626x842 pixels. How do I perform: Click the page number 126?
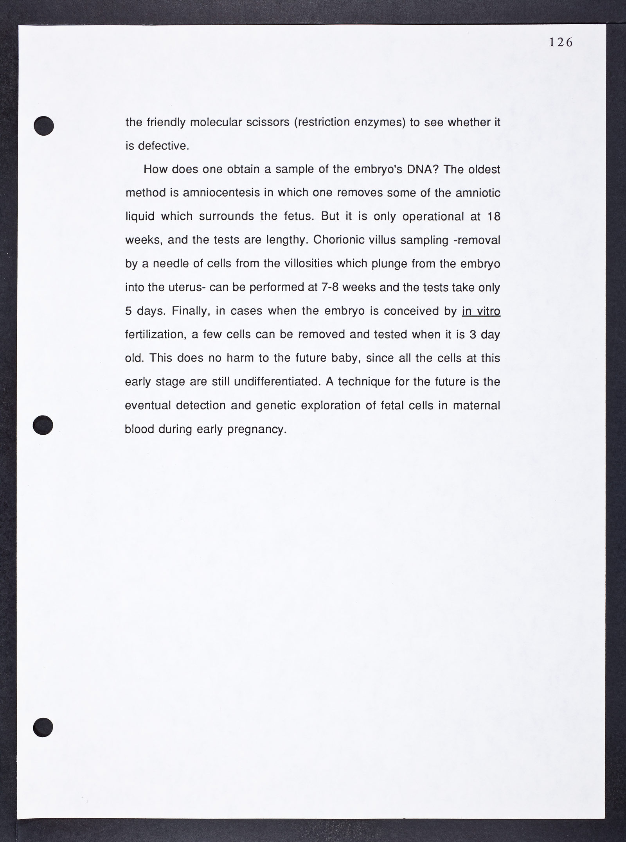(561, 42)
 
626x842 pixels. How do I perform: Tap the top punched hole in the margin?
(43, 126)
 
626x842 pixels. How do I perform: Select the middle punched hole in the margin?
(43, 424)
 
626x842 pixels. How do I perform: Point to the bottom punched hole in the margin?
(43, 727)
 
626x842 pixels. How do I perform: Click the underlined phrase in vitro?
(481, 311)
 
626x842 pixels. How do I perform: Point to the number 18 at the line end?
(494, 217)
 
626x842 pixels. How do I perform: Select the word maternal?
(477, 405)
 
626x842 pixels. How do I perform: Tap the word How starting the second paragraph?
(156, 170)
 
